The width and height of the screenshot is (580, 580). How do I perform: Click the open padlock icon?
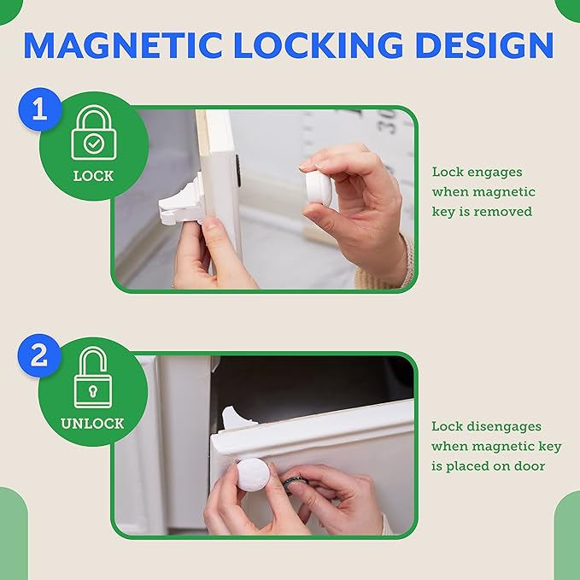(x=92, y=378)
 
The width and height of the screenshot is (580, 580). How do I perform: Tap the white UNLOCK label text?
(x=92, y=424)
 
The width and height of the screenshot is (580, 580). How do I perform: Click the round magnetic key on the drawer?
(x=251, y=476)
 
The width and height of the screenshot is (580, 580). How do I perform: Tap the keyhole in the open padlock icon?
(x=92, y=392)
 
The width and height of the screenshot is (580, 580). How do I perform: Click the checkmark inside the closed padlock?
(x=92, y=143)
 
